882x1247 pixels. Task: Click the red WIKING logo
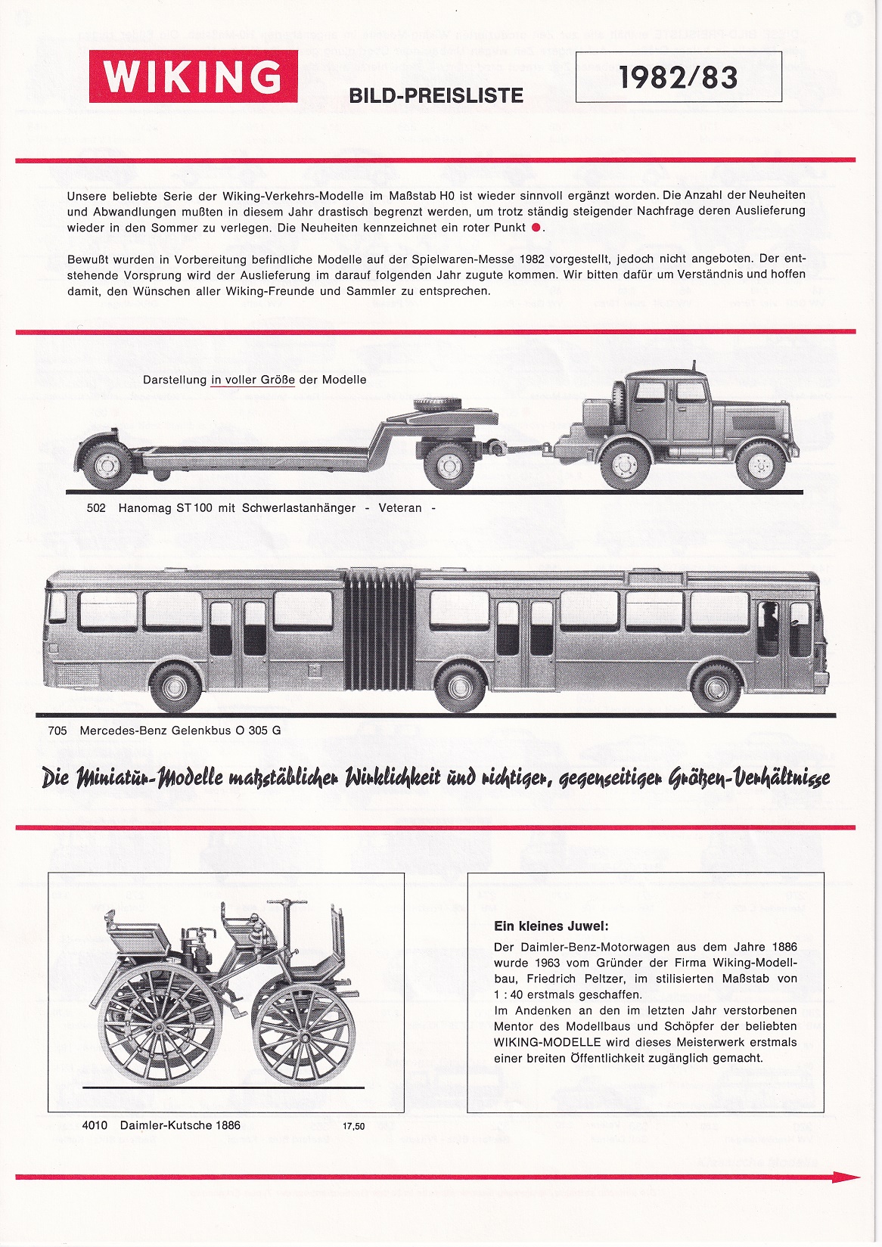[x=193, y=76]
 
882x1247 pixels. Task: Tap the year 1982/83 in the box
[x=678, y=77]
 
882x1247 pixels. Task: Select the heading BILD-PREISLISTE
[x=436, y=96]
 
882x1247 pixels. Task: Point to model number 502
[x=96, y=508]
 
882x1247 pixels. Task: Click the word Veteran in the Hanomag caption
[x=400, y=508]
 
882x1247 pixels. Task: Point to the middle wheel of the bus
[x=460, y=687]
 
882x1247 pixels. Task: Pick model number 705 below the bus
[x=57, y=731]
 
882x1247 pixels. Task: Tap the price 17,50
[x=353, y=1126]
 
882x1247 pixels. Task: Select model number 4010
[x=95, y=1125]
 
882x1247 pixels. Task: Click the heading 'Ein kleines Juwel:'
[x=551, y=926]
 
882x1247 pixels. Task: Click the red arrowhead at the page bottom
[x=847, y=1177]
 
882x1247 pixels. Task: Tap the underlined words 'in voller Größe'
[x=253, y=380]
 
